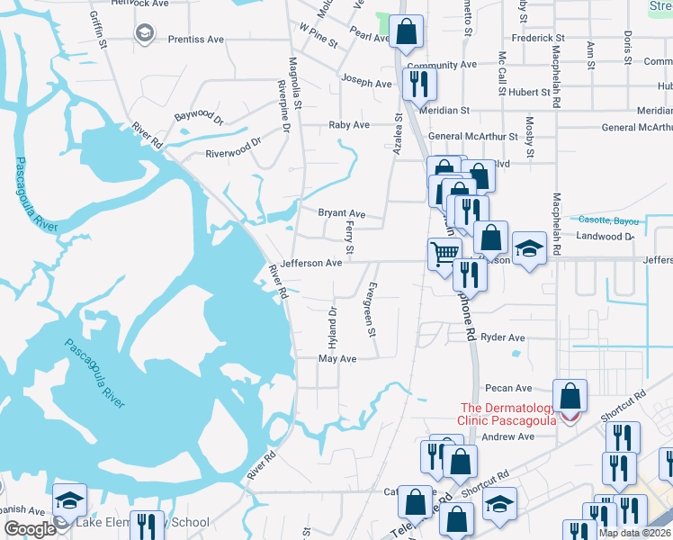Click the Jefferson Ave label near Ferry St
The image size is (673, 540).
point(310,263)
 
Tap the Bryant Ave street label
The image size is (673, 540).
point(342,213)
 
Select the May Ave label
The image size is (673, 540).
point(338,358)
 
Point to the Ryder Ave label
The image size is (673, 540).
point(503,337)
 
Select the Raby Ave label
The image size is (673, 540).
point(349,125)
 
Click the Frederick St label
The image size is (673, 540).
point(537,39)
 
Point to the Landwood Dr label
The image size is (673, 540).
point(605,236)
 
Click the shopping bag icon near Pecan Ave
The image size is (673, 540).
point(570,394)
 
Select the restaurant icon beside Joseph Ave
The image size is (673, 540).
point(419,83)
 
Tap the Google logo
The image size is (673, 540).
point(30,529)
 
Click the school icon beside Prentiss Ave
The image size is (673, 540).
point(144,33)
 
